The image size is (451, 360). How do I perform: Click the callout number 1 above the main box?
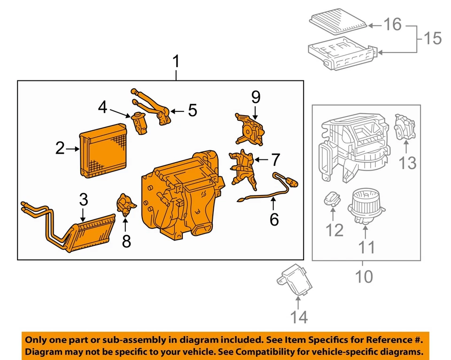click(x=176, y=62)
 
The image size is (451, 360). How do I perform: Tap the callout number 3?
click(x=83, y=199)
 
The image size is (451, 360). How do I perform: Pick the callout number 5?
click(x=192, y=110)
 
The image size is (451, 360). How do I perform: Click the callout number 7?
click(x=275, y=160)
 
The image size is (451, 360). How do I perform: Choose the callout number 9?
click(x=255, y=97)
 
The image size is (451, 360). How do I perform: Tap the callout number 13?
click(x=408, y=163)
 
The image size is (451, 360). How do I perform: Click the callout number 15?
click(x=431, y=38)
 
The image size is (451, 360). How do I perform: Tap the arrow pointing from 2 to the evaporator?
click(x=73, y=149)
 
